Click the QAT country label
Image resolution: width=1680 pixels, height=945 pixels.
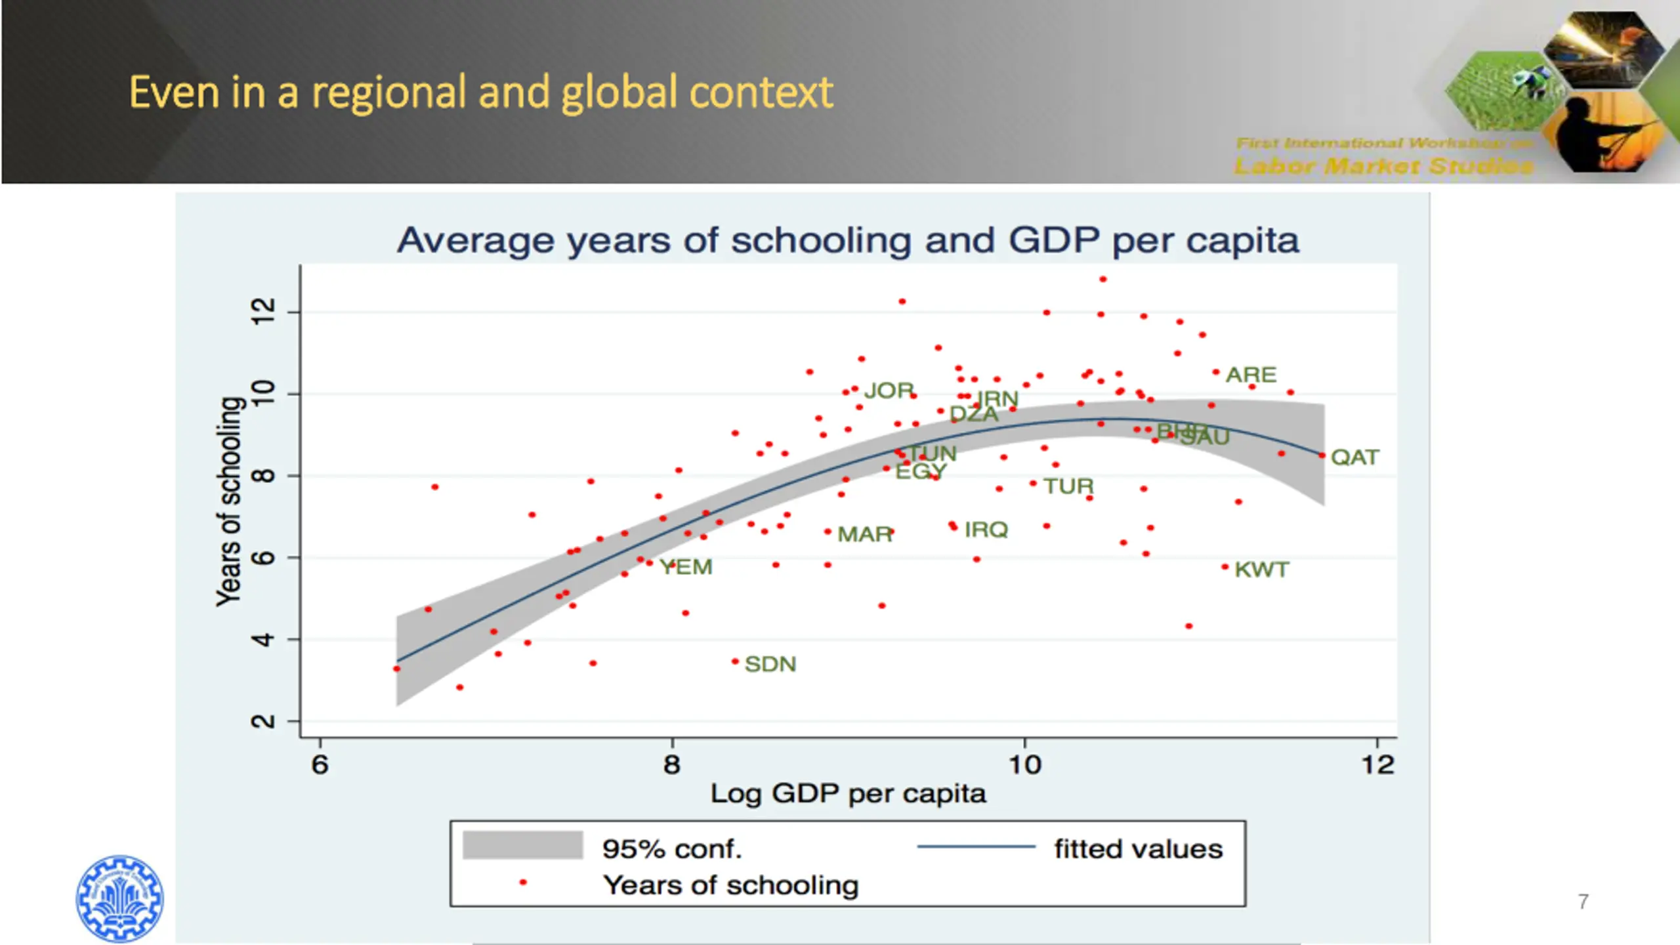1354,457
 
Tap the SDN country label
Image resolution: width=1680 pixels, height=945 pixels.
770,664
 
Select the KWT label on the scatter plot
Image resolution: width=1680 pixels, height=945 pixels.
1261,570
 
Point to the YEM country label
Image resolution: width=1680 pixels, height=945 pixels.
686,567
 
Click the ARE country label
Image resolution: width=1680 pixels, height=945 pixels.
1251,375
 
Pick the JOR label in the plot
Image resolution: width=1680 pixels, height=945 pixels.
889,391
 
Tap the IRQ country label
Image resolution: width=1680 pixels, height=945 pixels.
986,530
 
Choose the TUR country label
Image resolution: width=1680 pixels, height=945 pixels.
1069,486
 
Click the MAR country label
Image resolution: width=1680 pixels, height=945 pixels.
865,534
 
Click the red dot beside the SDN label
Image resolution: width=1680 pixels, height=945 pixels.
735,661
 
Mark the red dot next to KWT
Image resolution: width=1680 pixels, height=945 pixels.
1225,567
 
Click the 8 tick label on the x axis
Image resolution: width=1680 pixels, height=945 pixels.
672,765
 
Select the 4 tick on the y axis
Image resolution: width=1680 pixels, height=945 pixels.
264,639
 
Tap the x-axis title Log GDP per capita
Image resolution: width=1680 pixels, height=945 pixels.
848,794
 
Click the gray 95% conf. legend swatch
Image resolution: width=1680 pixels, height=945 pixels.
522,845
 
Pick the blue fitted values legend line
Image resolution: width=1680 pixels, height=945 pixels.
976,847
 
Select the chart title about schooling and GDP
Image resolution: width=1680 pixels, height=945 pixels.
848,240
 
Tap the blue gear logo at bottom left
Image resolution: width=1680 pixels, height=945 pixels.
119,898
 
